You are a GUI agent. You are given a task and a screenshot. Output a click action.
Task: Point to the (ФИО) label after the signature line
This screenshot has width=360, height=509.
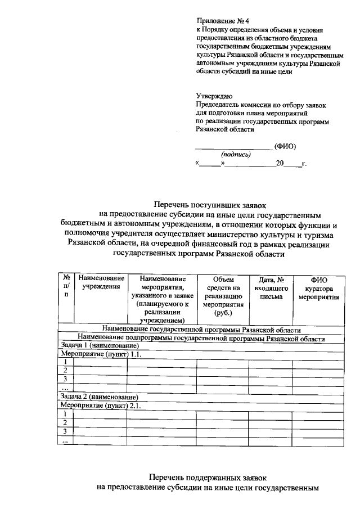[285, 147]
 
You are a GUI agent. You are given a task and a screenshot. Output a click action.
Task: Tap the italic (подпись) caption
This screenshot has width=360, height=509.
[236, 155]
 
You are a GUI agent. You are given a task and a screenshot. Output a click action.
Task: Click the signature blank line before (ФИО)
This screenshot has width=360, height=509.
[233, 147]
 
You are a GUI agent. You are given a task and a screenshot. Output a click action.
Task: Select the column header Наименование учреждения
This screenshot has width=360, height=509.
[101, 283]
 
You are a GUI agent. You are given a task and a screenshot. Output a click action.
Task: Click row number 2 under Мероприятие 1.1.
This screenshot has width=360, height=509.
[65, 371]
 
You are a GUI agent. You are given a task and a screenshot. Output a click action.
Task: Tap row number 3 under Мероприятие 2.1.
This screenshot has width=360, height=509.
[65, 431]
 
